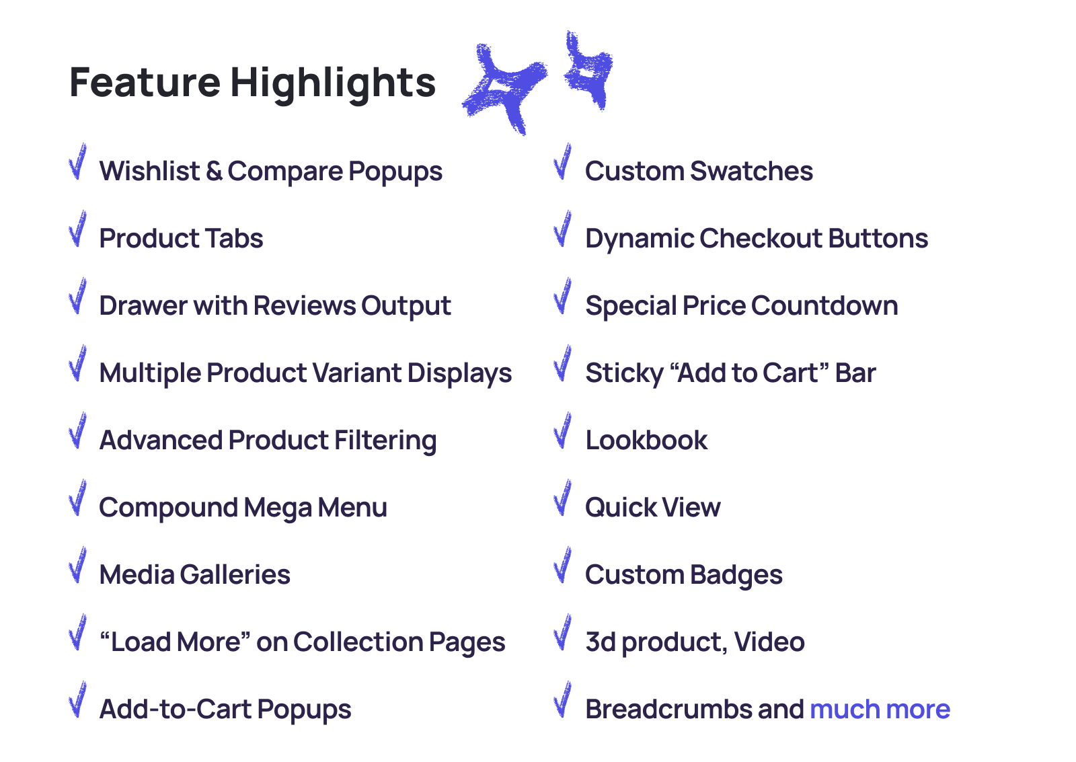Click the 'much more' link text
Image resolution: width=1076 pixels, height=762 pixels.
click(x=880, y=709)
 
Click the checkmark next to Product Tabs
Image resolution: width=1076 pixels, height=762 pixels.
click(x=78, y=229)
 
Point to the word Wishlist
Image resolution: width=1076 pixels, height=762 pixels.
click(x=149, y=171)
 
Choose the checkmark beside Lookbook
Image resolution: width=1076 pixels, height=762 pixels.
click(x=563, y=430)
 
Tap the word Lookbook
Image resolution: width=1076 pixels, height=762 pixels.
click(x=646, y=440)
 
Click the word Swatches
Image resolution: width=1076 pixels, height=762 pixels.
click(x=752, y=171)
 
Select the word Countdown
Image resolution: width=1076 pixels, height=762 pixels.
click(x=824, y=305)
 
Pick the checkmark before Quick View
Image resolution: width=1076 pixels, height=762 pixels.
click(x=563, y=498)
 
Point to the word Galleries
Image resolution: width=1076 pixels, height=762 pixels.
click(x=235, y=574)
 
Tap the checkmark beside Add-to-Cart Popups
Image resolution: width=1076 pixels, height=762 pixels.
click(x=78, y=699)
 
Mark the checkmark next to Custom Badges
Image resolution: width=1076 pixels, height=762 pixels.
click(x=563, y=565)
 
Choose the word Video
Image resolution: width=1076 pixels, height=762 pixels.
click(x=769, y=642)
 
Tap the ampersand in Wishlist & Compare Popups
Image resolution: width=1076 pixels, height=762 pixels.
click(x=215, y=171)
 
